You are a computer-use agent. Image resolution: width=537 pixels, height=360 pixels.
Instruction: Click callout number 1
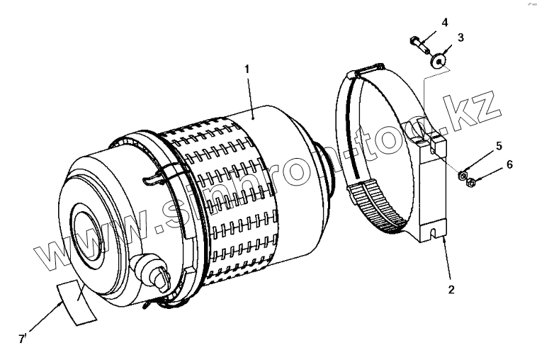[x=247, y=69]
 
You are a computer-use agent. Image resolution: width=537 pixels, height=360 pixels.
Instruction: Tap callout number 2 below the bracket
[x=451, y=289]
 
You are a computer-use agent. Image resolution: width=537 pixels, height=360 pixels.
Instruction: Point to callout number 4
[x=444, y=22]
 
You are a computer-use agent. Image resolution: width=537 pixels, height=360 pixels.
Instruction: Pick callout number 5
[x=498, y=146]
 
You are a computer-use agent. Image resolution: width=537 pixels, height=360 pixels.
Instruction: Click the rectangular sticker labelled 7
[x=77, y=301]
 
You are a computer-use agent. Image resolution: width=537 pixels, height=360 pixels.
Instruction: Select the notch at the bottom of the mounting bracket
[x=433, y=229]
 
